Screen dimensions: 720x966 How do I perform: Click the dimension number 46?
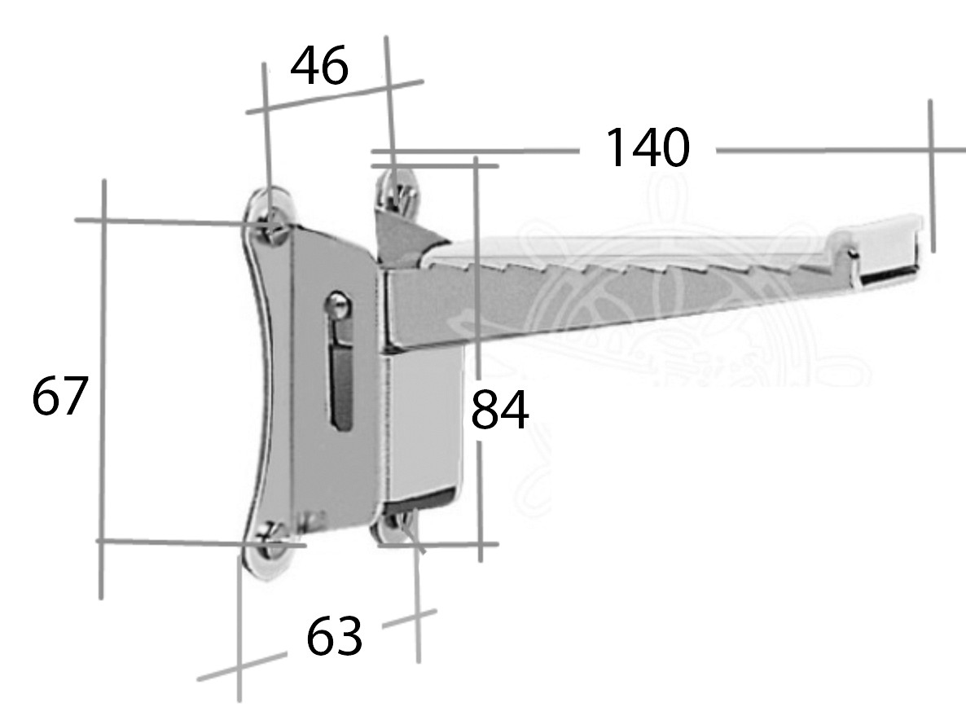coord(319,67)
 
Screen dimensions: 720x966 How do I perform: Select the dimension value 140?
coord(647,148)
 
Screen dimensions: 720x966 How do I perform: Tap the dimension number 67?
coord(59,397)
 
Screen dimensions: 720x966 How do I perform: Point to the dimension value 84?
coord(499,410)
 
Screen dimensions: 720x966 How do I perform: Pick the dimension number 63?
coord(334,637)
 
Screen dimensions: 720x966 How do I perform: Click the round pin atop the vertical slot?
coord(338,304)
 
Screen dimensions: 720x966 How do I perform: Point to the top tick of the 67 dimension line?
coord(103,220)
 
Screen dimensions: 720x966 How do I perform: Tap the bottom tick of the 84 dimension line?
coord(479,543)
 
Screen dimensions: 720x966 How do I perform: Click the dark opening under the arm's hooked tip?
coord(888,274)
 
